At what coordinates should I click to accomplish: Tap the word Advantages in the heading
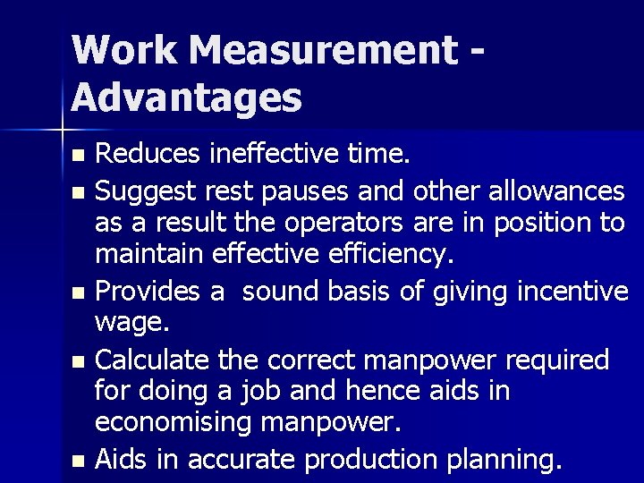click(x=186, y=97)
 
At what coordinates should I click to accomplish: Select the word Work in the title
click(x=124, y=51)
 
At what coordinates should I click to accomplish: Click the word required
click(x=557, y=360)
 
